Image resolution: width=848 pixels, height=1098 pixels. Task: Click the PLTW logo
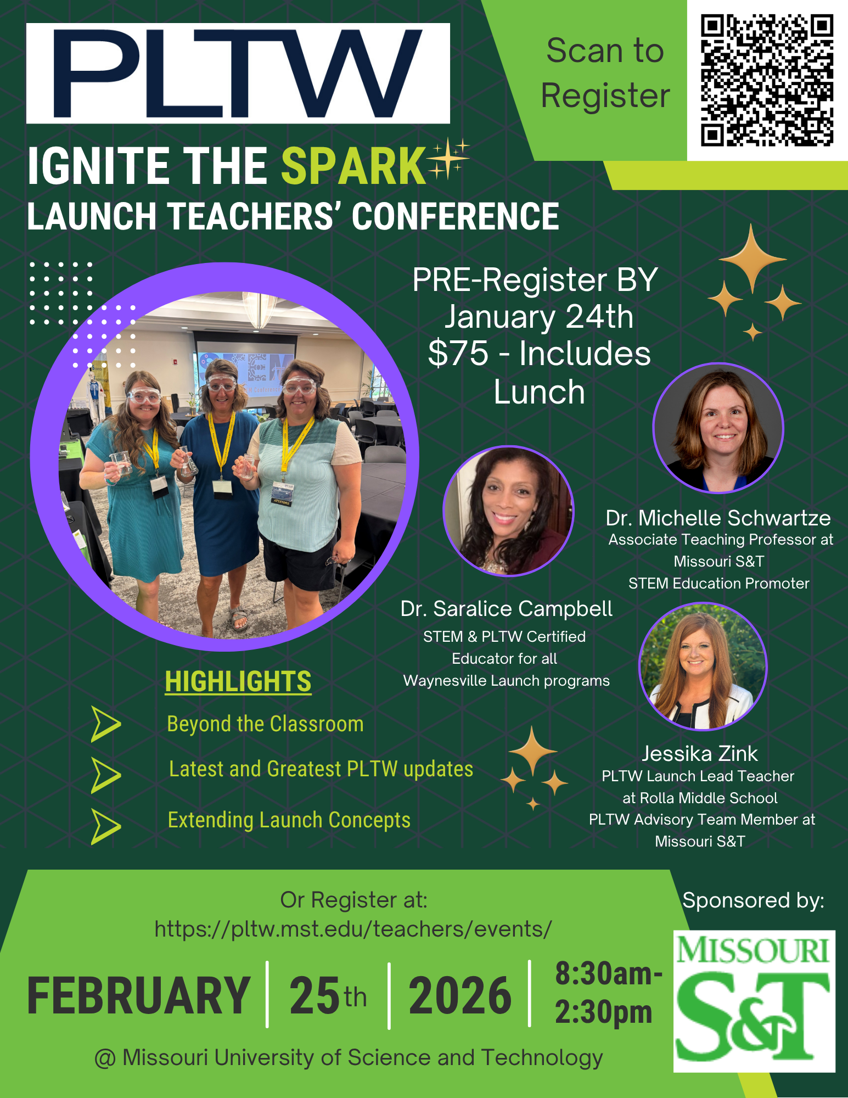point(238,73)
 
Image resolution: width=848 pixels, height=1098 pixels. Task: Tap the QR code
point(767,80)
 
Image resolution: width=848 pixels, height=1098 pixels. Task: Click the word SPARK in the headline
point(353,166)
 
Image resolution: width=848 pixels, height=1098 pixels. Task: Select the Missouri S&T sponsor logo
point(754,1000)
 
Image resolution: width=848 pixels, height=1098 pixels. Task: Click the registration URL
point(353,929)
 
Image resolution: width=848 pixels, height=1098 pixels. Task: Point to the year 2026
point(460,995)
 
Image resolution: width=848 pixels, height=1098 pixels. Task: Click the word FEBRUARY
point(139,995)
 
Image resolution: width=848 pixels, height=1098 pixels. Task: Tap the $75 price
point(458,353)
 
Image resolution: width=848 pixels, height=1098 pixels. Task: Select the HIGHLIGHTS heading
point(238,681)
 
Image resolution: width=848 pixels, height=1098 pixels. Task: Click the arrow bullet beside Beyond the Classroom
point(105,724)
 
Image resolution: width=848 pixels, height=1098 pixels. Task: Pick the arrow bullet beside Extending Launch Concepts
point(105,826)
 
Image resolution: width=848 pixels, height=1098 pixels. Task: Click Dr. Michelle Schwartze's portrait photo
point(718,428)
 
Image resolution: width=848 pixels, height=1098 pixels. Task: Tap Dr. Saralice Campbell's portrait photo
point(508,511)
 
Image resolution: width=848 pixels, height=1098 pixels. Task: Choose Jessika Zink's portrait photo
point(703,666)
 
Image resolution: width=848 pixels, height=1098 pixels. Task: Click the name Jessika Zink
point(700,754)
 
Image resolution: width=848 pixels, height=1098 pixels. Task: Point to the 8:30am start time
point(608,973)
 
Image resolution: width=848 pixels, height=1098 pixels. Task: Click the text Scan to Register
point(605,73)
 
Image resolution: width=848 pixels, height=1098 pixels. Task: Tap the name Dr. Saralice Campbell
point(506,609)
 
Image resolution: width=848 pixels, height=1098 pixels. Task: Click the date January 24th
point(539,317)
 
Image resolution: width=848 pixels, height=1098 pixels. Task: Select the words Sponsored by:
point(753,900)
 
